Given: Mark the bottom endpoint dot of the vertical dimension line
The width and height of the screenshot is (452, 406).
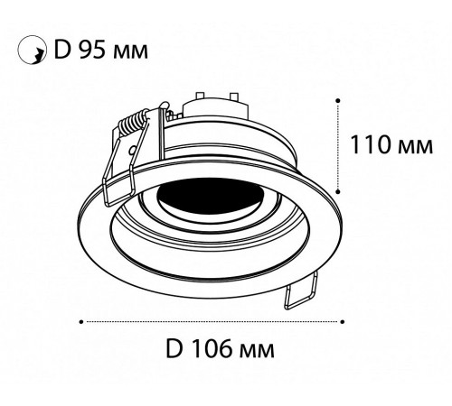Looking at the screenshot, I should tap(339, 190).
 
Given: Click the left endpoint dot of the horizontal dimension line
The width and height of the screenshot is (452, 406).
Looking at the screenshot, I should tap(82, 320).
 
